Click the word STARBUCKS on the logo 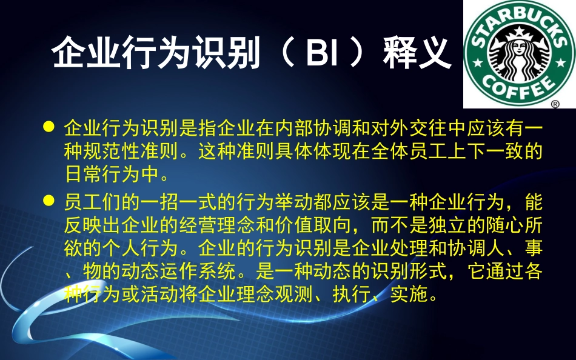point(519,24)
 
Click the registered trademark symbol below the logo point(554,104)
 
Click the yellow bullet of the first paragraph point(50,127)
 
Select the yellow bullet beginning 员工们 point(50,200)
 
